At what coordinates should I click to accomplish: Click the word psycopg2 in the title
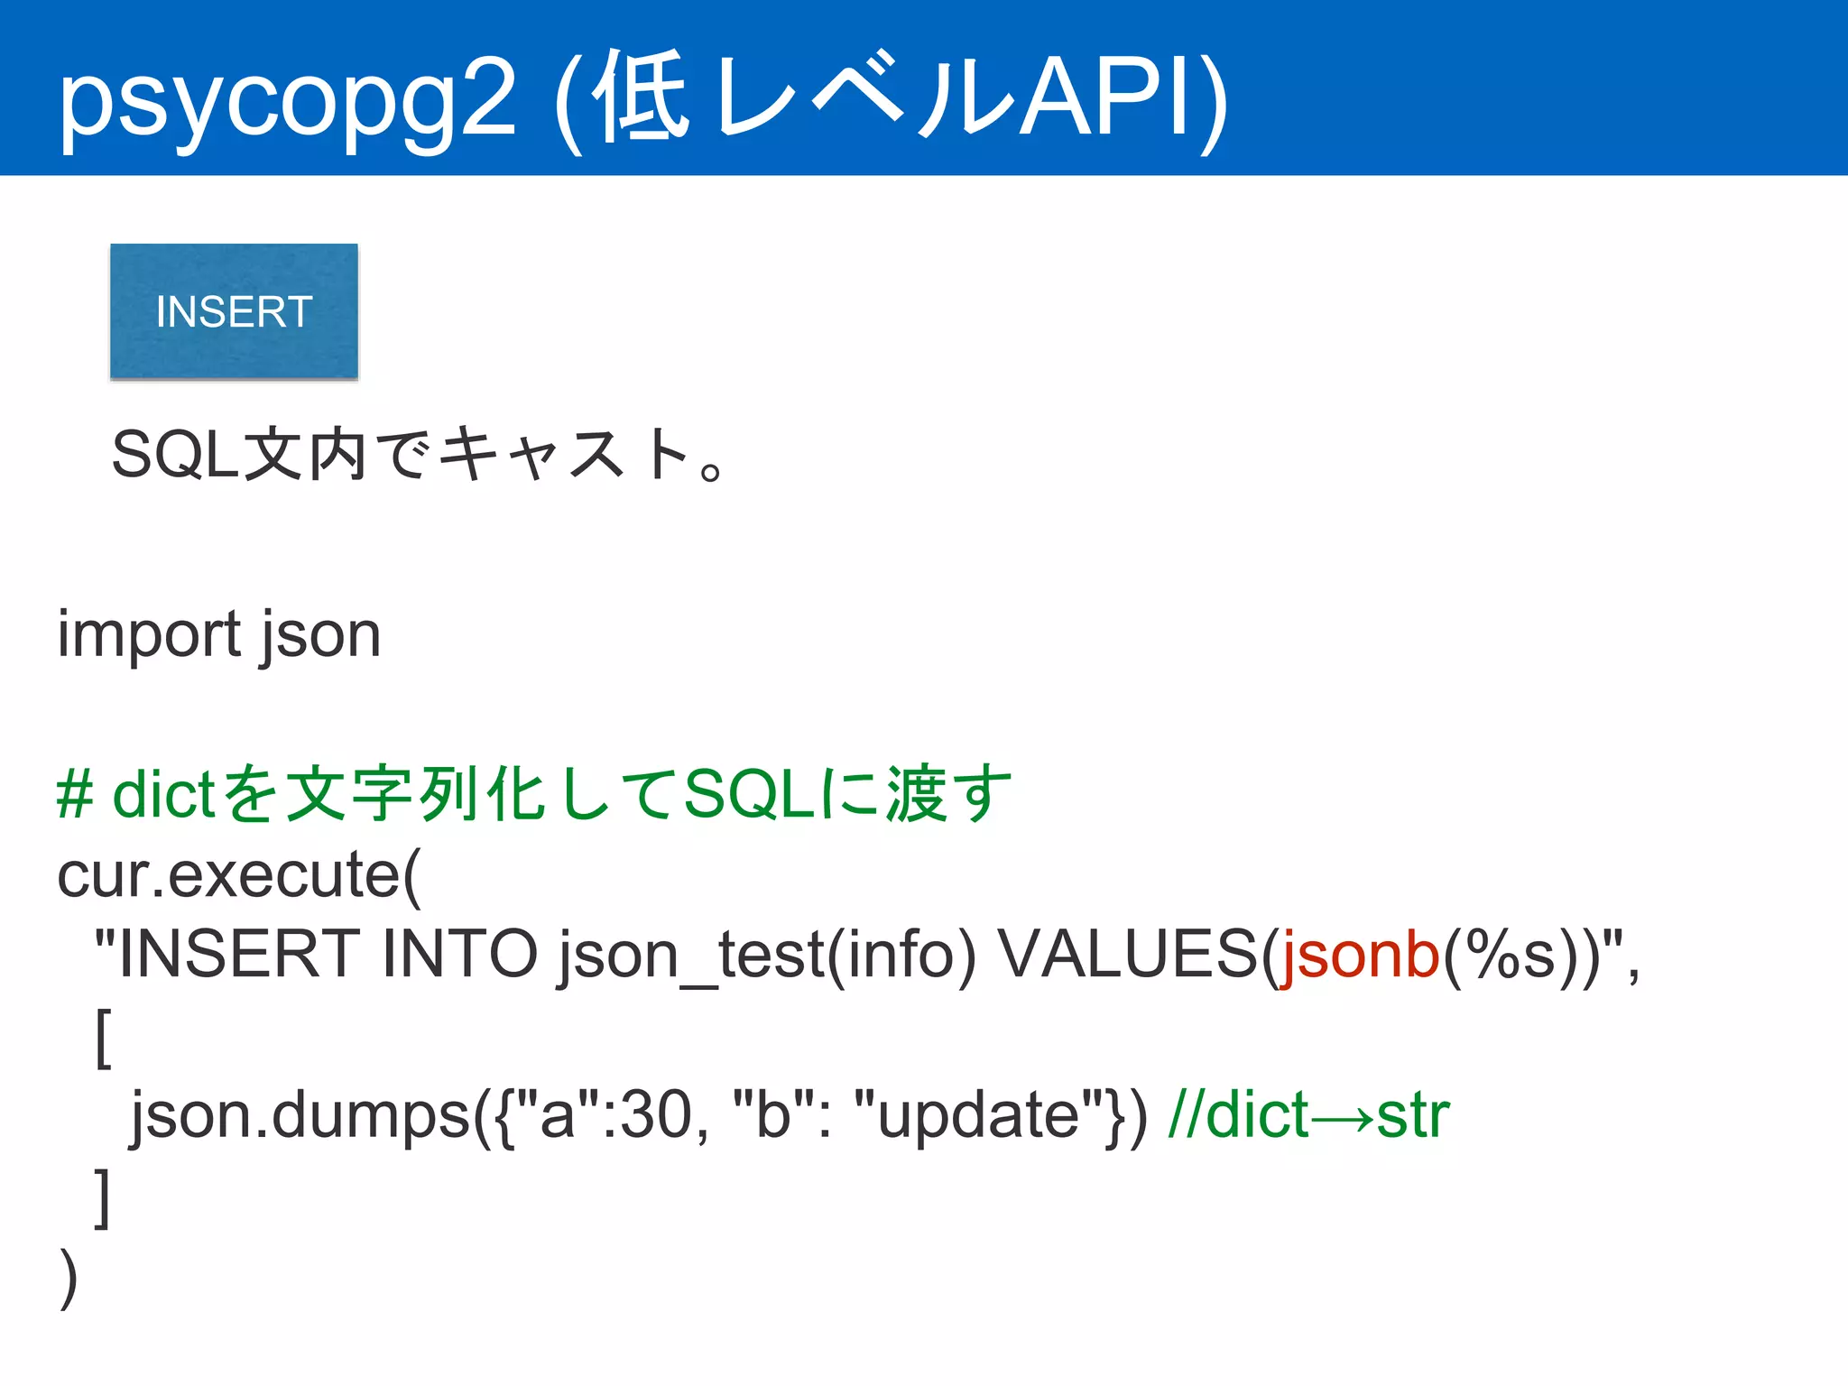tap(287, 101)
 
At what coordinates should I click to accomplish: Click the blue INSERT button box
tap(234, 311)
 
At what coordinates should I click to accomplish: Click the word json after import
tap(321, 635)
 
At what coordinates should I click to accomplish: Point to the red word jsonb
tap(1359, 955)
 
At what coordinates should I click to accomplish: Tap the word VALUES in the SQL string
tap(1128, 955)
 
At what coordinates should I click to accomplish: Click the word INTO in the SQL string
tap(459, 955)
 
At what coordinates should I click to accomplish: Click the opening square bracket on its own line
tap(103, 1038)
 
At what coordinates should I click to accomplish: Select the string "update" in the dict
tap(979, 1115)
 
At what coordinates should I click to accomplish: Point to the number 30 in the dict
tap(656, 1115)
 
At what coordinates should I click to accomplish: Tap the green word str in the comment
tap(1413, 1115)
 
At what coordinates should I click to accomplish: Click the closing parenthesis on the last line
tap(69, 1277)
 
